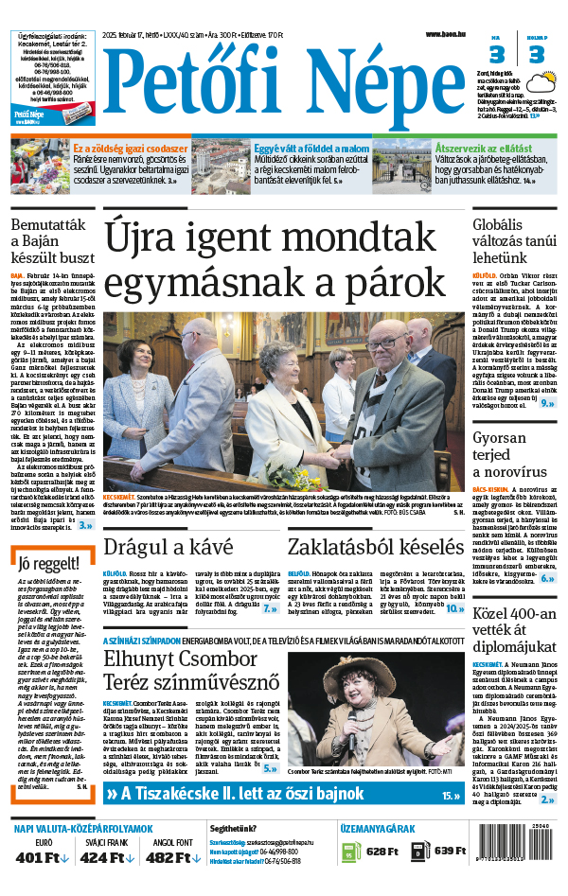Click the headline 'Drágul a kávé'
(x=168, y=547)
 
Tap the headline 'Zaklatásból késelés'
(x=374, y=547)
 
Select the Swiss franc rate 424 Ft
(x=107, y=857)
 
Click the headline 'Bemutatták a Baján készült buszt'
(x=51, y=240)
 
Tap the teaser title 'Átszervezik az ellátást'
(x=483, y=149)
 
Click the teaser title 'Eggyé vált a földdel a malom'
(x=311, y=149)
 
